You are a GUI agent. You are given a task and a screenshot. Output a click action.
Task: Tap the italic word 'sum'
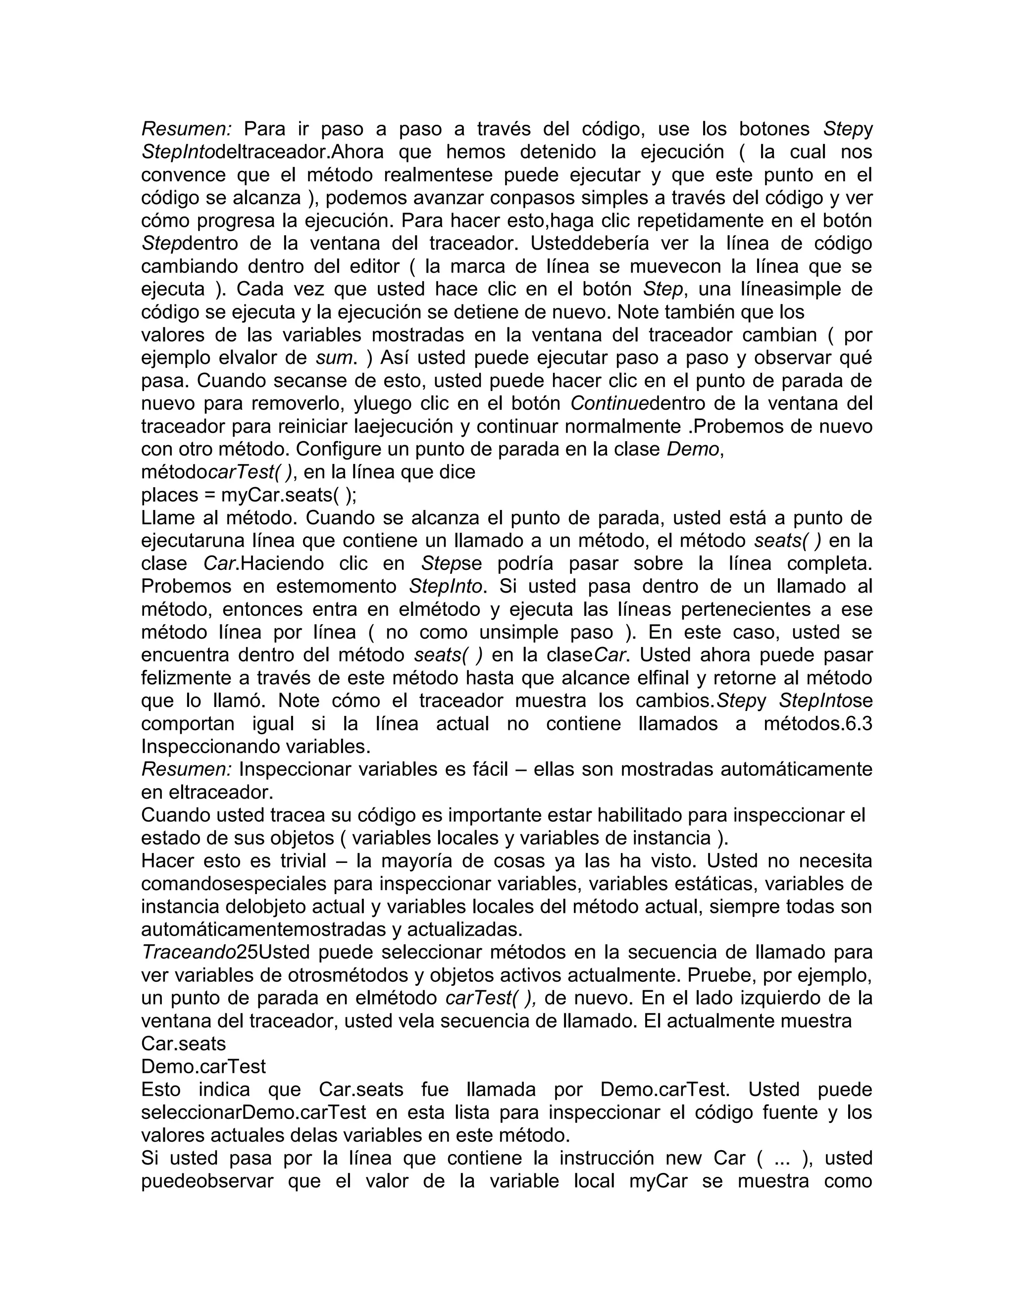333,357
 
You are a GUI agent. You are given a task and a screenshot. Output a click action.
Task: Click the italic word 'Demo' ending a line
693,449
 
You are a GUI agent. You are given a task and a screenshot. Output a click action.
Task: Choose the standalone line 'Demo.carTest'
203,1066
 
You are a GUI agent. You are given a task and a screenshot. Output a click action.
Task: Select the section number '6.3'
858,723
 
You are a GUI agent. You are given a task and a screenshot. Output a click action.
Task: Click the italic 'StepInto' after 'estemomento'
445,586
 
